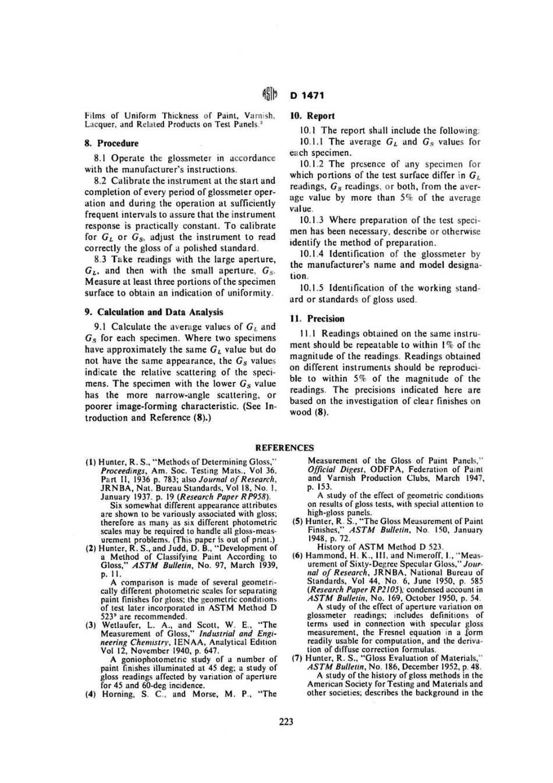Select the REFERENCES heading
click(x=285, y=448)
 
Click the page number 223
click(x=286, y=722)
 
